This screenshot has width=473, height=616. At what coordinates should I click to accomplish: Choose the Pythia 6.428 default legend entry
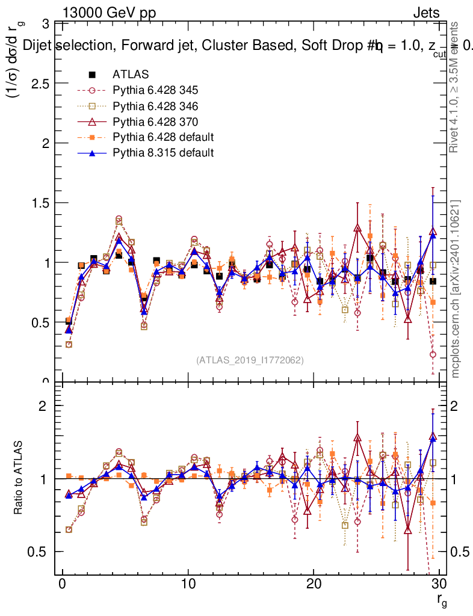click(x=163, y=137)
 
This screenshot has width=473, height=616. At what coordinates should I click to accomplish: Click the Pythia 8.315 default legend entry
click(x=163, y=153)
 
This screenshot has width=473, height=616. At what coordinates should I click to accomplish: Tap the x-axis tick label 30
click(x=439, y=585)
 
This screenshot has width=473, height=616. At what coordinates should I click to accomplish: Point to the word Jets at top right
click(x=426, y=13)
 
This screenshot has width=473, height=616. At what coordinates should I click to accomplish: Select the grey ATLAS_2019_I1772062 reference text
click(x=250, y=360)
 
